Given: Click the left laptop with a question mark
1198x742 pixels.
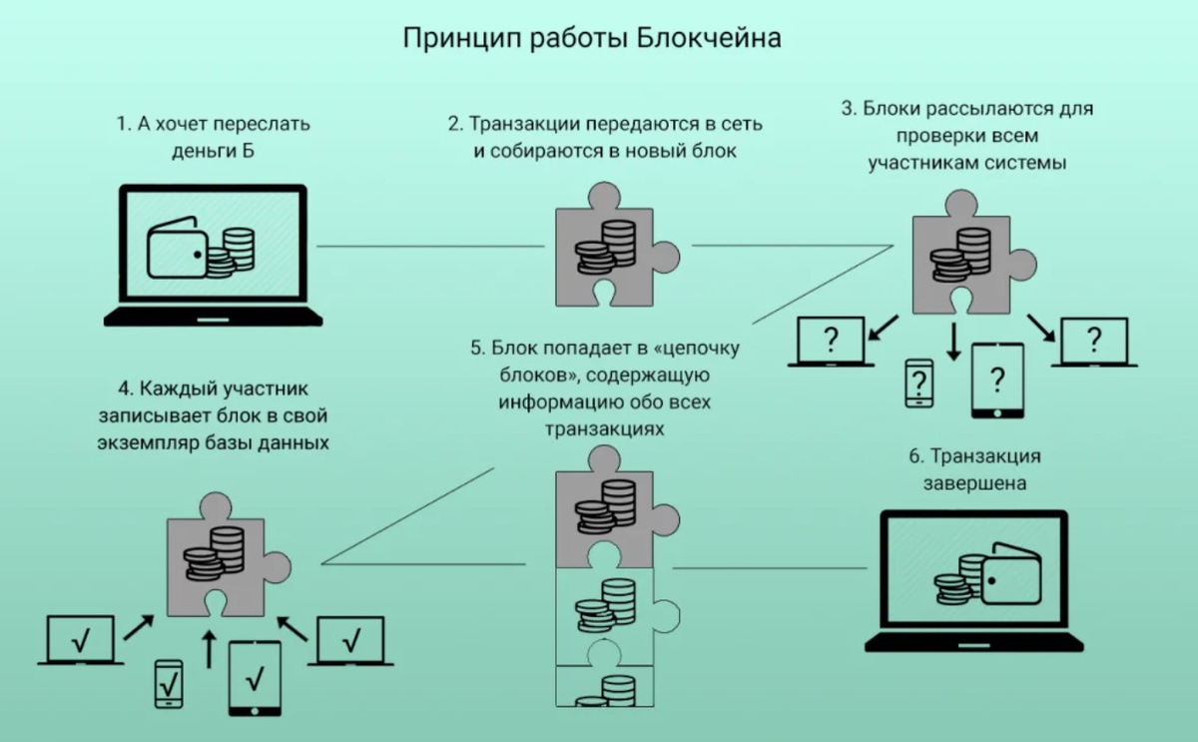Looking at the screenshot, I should tap(831, 343).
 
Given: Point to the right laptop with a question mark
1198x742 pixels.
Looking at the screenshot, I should tap(1094, 343).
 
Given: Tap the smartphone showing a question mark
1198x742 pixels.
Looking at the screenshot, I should tap(917, 381).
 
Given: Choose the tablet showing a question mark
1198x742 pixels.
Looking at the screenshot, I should tap(997, 379).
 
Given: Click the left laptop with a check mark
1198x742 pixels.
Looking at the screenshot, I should tap(81, 641).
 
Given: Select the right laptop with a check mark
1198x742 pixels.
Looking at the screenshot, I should tap(350, 641).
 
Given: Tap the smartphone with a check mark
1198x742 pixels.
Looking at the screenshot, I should tap(169, 683).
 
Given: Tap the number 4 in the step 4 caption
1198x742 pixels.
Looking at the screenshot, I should tap(125, 387).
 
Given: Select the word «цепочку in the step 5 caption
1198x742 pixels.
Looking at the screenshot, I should tap(699, 349).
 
